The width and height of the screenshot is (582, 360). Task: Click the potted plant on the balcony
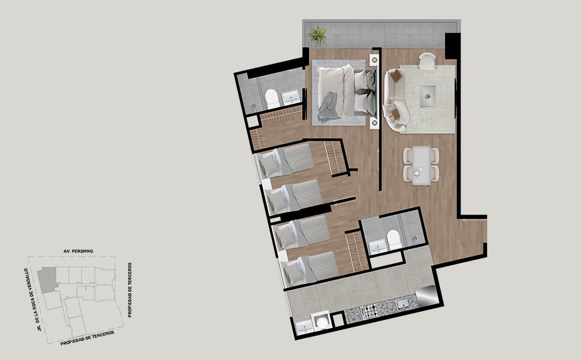click(318, 35)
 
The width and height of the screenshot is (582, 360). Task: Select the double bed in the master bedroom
click(346, 92)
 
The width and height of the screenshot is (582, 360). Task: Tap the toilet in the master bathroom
click(272, 99)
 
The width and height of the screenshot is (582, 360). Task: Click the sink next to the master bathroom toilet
click(291, 98)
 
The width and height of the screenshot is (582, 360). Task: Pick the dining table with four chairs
click(421, 165)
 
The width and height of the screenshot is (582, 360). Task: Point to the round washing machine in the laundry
click(321, 322)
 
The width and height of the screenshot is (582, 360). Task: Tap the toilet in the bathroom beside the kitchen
click(393, 240)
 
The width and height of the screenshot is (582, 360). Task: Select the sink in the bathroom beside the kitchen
click(378, 247)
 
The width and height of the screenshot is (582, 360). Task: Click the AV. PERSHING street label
click(79, 251)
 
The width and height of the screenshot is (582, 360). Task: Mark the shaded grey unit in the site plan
click(47, 280)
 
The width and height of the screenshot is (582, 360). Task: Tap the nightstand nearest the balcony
click(374, 59)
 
